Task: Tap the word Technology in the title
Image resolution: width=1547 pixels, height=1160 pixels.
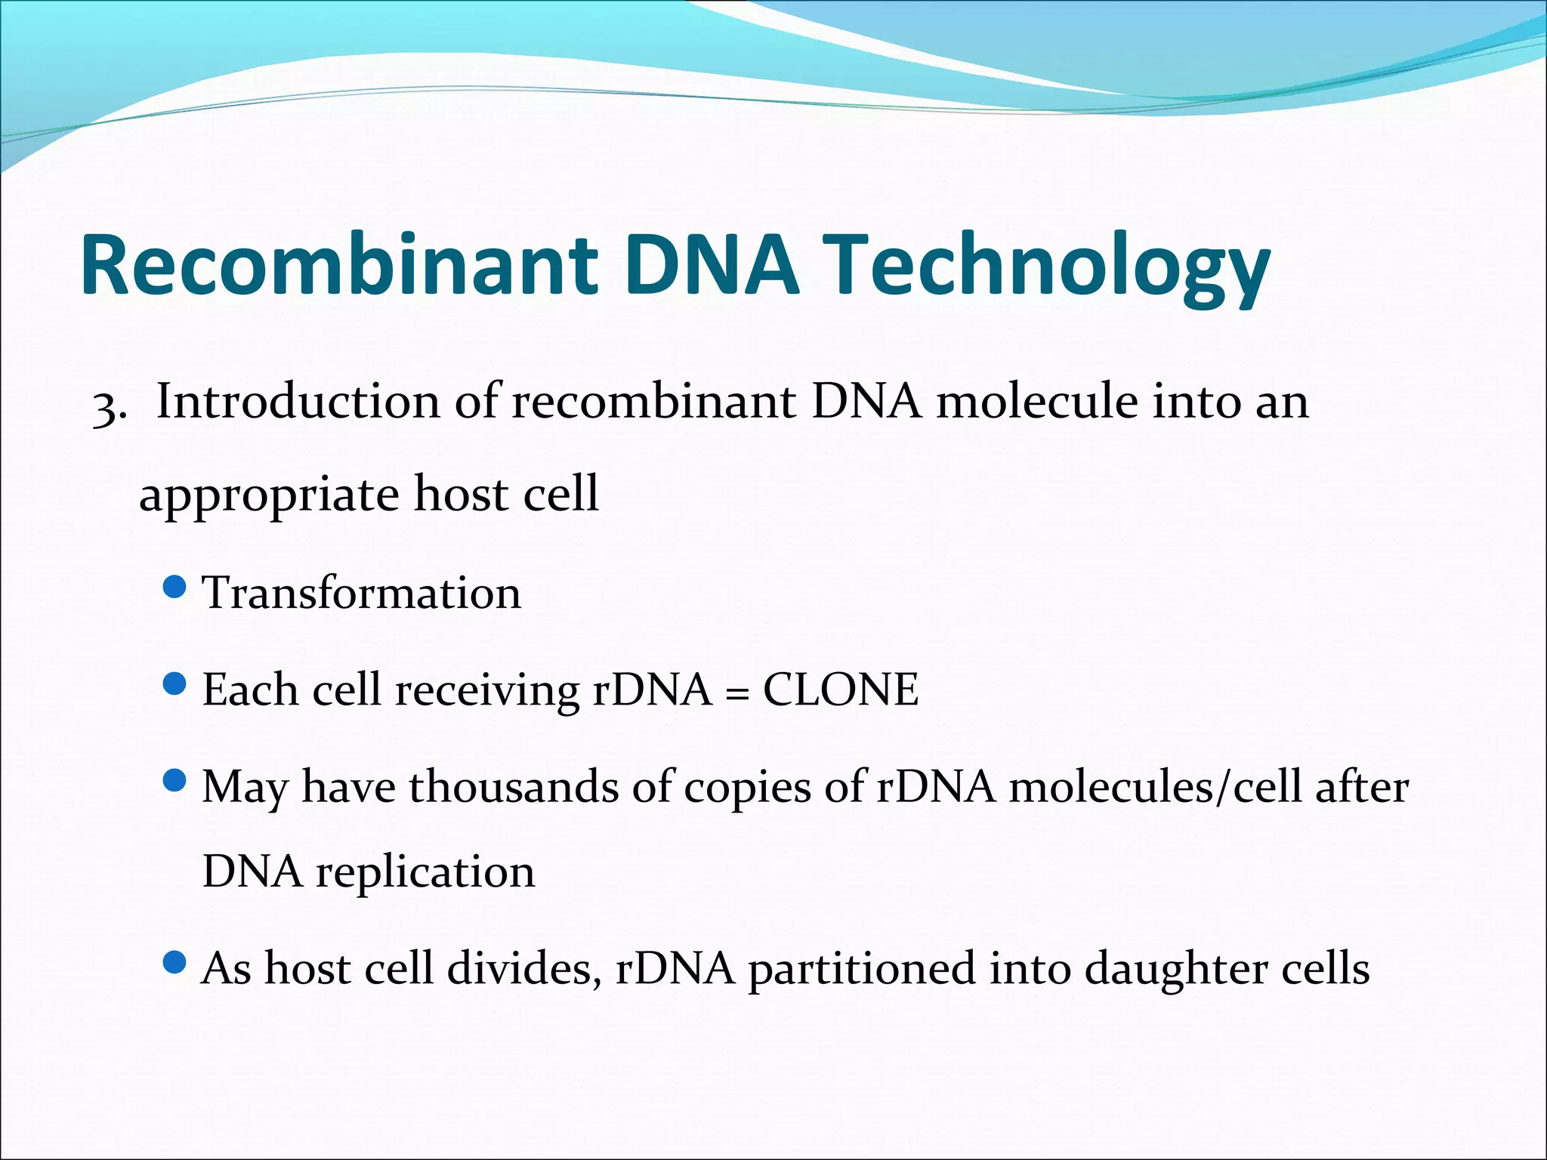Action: coord(1050,266)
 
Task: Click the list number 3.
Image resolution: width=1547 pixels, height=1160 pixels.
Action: coord(105,408)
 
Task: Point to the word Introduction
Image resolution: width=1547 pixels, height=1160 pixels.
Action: coord(298,402)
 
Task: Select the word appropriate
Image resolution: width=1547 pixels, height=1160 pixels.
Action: coord(269,495)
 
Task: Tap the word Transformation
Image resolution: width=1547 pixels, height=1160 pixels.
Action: coord(361,593)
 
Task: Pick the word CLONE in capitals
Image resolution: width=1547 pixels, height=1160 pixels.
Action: coord(840,690)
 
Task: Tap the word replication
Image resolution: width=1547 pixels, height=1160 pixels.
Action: coord(425,872)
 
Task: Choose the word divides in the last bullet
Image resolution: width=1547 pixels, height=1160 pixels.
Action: coord(524,969)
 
